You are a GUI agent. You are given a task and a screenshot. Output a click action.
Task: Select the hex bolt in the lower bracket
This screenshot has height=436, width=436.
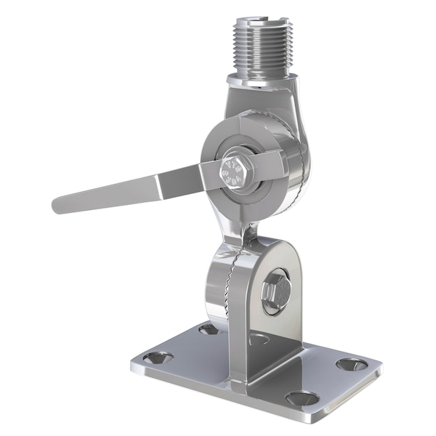click(x=276, y=291)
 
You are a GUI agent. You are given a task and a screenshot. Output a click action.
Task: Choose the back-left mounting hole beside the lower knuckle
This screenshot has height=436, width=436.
click(x=209, y=329)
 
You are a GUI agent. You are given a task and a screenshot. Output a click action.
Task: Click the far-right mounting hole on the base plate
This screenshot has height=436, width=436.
click(x=352, y=363)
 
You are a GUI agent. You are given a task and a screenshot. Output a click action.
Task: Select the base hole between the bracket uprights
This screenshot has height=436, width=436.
click(x=258, y=339)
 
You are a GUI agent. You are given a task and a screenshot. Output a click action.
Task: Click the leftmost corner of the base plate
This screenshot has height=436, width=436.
click(x=133, y=363)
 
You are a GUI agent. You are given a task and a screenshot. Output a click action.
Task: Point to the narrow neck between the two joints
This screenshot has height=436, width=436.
click(x=247, y=231)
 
